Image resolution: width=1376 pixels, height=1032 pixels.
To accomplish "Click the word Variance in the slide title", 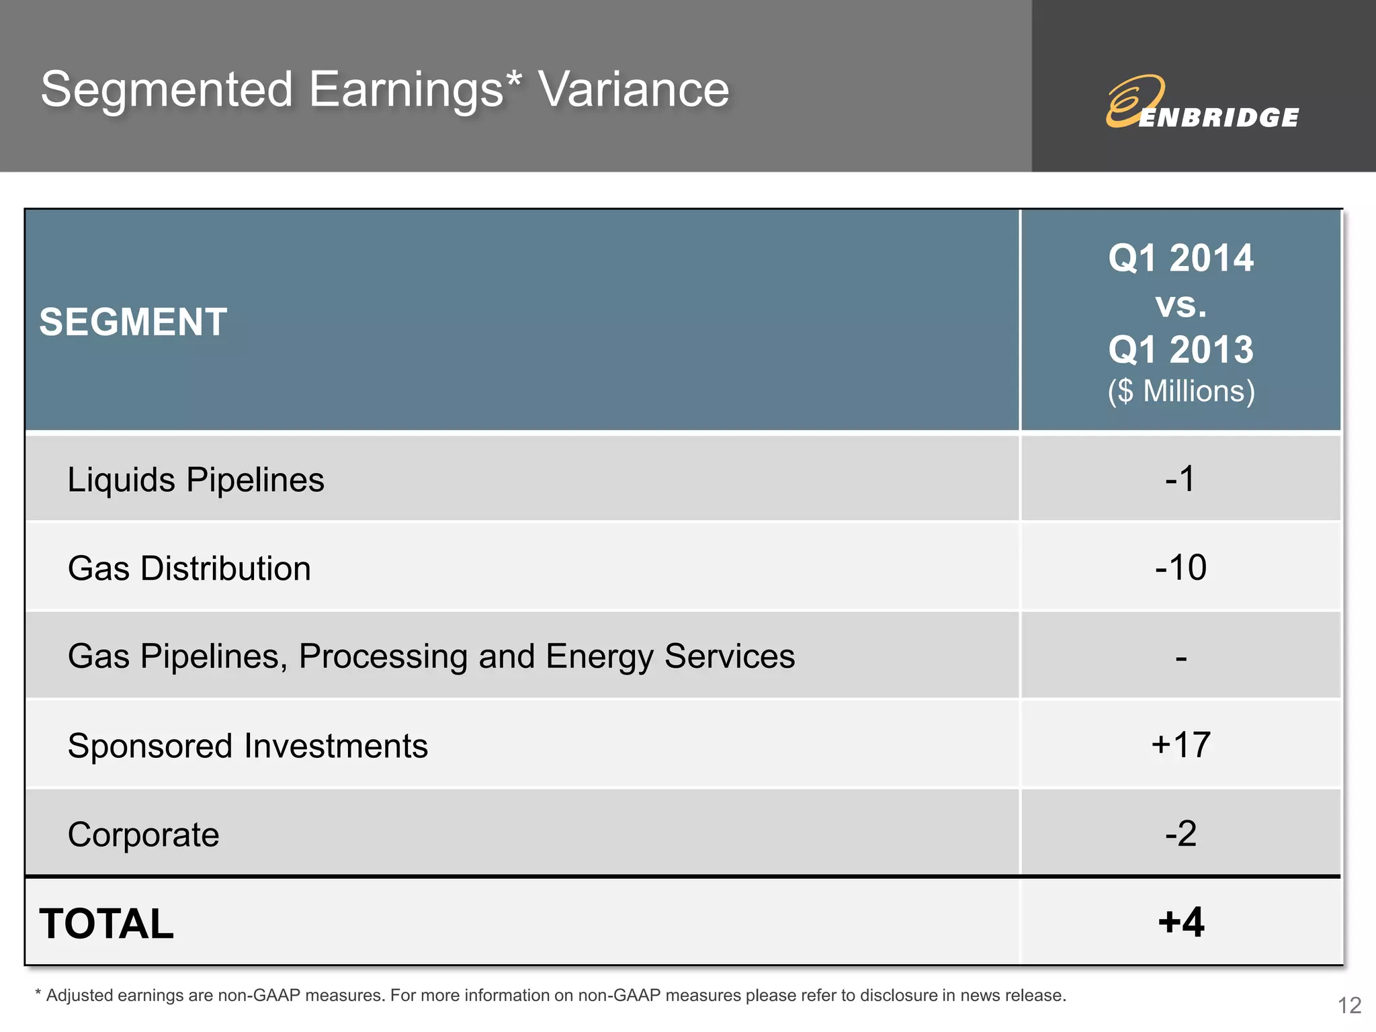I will [634, 89].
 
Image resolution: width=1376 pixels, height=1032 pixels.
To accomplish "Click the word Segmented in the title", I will [167, 89].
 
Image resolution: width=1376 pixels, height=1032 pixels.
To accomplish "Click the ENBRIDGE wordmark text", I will [1219, 118].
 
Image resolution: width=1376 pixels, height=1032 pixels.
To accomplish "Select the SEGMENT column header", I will [133, 322].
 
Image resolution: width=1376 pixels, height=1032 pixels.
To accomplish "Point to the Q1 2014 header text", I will [1180, 258].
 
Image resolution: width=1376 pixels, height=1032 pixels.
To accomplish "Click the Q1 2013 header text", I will [1180, 349].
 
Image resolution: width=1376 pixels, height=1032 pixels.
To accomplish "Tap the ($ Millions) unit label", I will [1180, 391].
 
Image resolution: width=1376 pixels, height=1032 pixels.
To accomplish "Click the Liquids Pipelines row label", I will [196, 480].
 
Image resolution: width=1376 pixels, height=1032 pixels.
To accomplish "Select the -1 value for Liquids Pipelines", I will [1180, 479].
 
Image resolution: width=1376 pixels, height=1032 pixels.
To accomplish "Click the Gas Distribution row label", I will [189, 568].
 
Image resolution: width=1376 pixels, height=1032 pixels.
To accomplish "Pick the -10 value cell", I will [1180, 568].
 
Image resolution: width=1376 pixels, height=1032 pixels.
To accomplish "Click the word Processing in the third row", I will [382, 656].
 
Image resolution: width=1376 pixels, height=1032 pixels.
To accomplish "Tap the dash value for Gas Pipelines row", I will [1180, 658].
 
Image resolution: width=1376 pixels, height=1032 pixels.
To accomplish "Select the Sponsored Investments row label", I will [247, 746].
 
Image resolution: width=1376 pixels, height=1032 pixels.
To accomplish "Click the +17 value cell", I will [1180, 745].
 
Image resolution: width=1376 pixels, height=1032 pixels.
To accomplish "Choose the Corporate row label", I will [143, 834].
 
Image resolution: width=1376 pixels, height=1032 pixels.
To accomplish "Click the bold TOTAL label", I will [106, 923].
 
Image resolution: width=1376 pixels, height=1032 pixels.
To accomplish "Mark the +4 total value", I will [1180, 922].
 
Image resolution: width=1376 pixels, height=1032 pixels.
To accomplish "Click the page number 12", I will [1349, 1005].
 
